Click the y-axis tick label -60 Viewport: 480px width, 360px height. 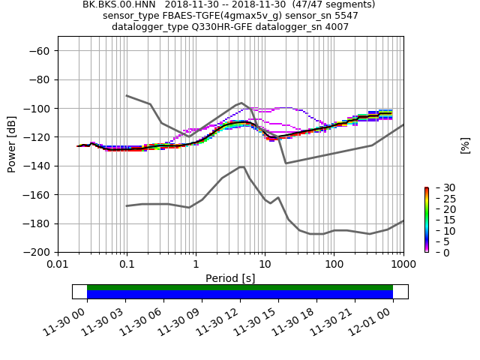click(39, 50)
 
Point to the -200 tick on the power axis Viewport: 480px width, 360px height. click(36, 252)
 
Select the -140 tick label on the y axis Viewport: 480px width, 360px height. click(36, 166)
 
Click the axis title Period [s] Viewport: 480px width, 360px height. click(230, 278)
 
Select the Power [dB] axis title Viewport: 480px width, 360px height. click(12, 144)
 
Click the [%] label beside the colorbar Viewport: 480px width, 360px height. click(465, 145)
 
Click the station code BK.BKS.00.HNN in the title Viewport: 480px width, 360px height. click(117, 4)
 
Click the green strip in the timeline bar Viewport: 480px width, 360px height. click(240, 287)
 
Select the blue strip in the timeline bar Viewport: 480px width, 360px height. click(240, 295)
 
